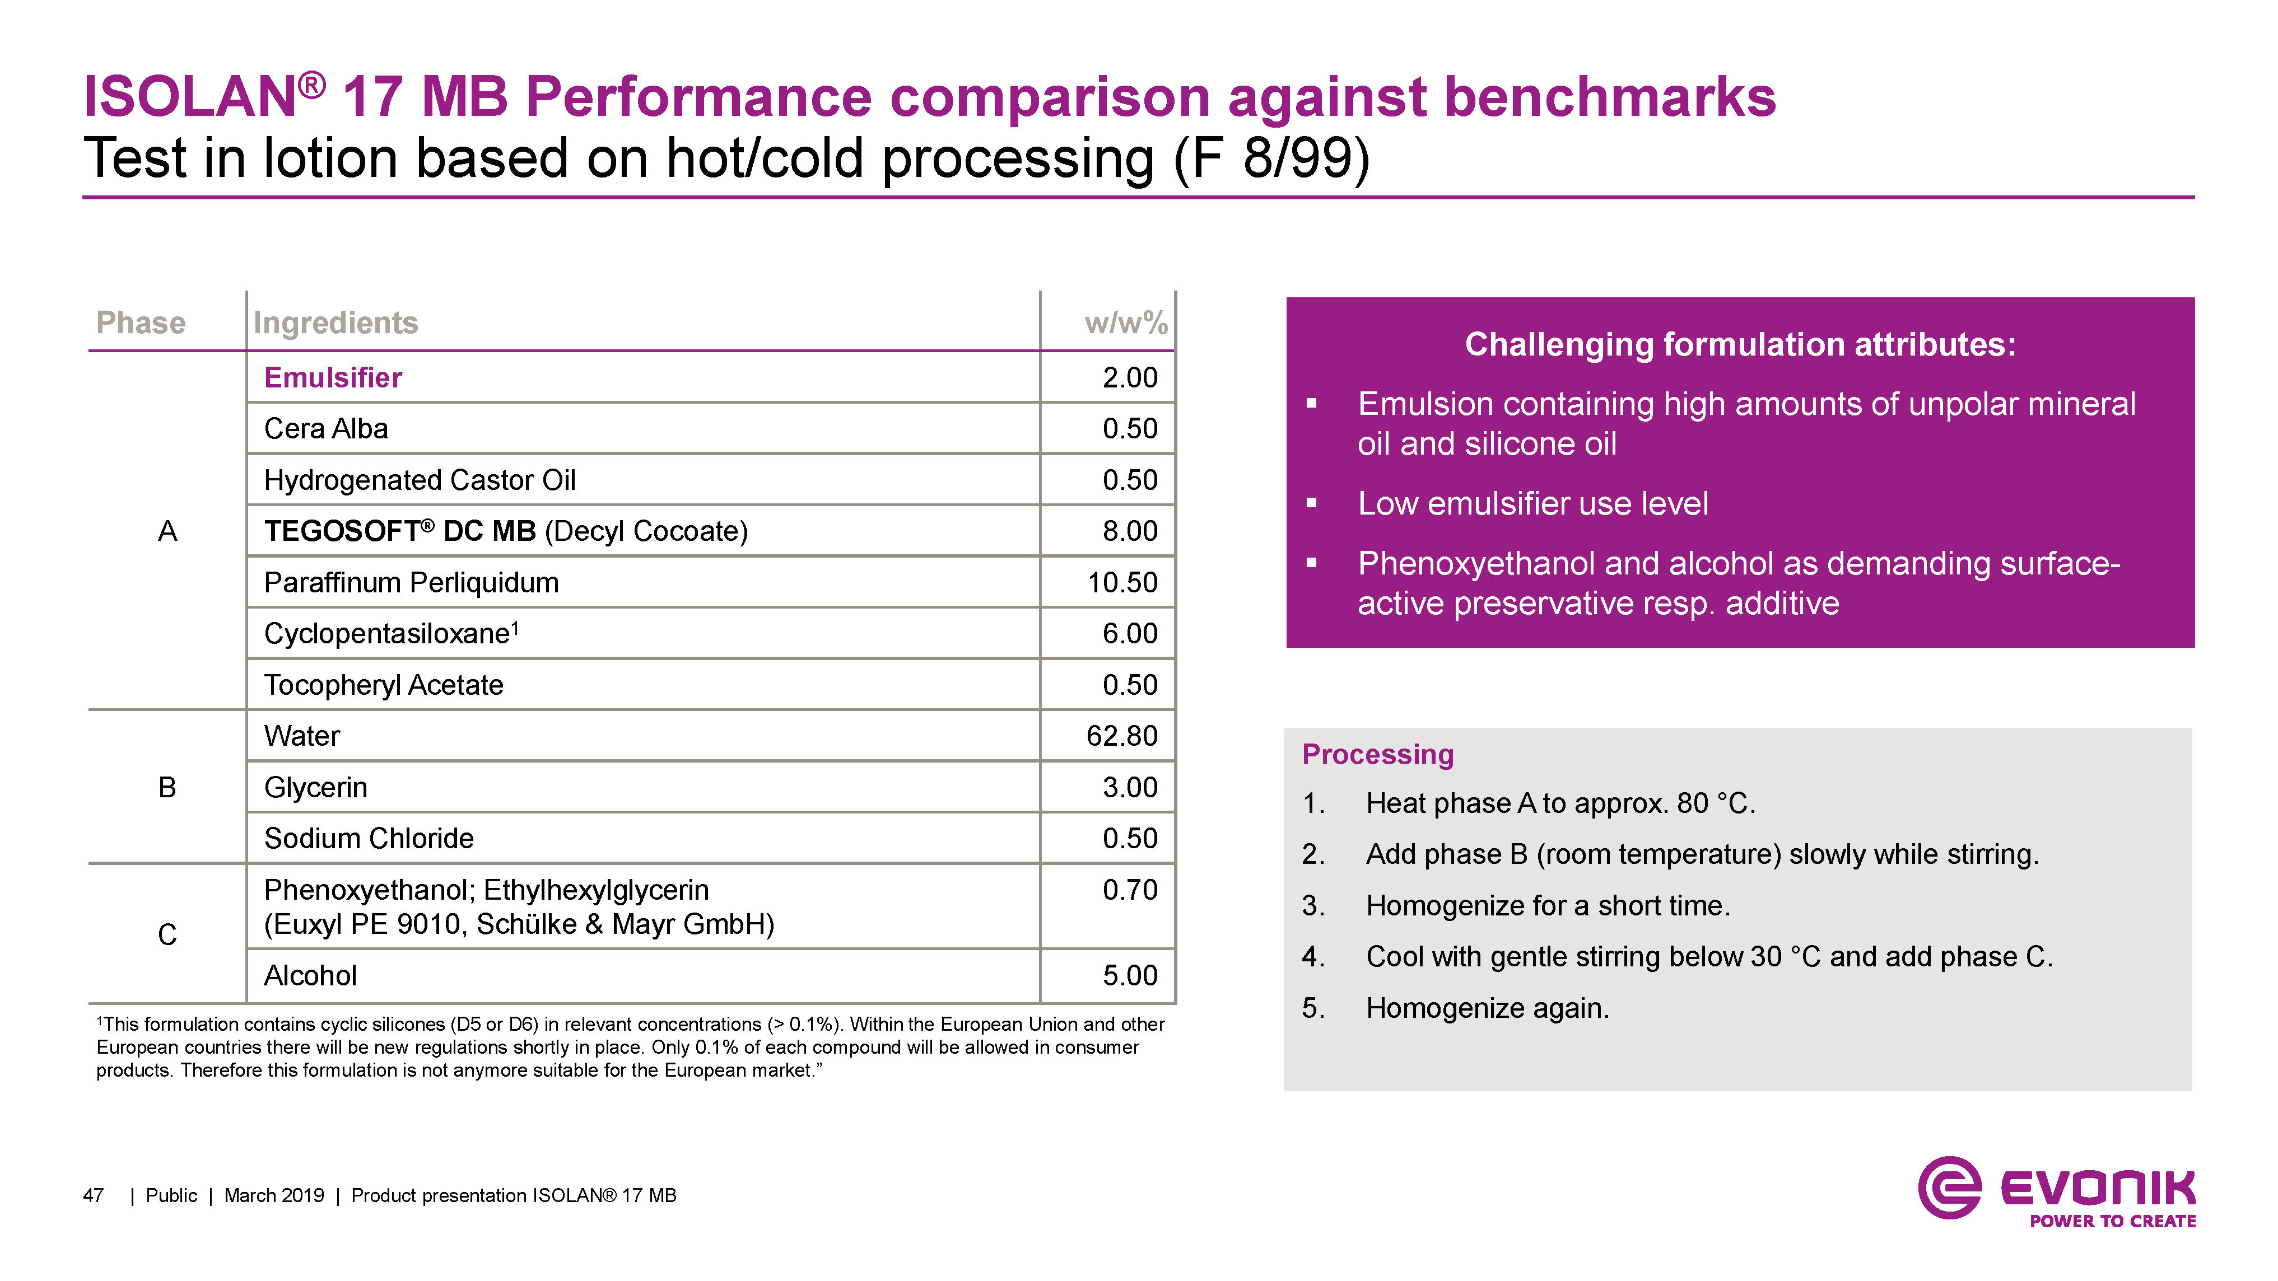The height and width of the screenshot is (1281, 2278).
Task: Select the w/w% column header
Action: tap(1126, 322)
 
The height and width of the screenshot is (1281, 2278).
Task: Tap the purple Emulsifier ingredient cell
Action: tap(333, 377)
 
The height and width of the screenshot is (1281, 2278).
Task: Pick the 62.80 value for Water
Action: tap(1121, 736)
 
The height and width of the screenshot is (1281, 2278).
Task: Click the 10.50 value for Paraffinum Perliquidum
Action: tap(1121, 583)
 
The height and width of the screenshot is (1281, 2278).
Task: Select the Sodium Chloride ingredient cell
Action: tap(369, 838)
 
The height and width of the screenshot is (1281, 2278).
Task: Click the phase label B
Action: tap(167, 787)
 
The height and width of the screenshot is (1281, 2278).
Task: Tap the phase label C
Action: tap(167, 934)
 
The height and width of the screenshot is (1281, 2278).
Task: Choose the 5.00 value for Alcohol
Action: tap(1129, 975)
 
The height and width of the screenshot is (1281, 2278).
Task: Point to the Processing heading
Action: tap(1377, 754)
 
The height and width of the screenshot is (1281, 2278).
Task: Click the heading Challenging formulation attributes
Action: tap(1740, 344)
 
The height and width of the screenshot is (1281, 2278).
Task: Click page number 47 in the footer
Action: tap(93, 1195)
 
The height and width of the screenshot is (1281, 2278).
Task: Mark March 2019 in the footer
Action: tap(274, 1195)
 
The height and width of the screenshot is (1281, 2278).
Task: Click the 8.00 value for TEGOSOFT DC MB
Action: tap(1129, 531)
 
